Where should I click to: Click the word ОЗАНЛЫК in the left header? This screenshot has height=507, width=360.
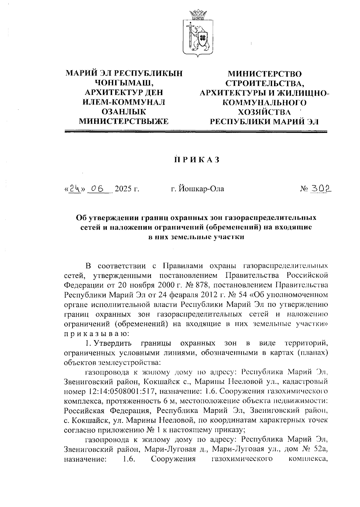[123, 112]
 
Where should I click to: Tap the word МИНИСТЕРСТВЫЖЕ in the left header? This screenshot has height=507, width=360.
[123, 122]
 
